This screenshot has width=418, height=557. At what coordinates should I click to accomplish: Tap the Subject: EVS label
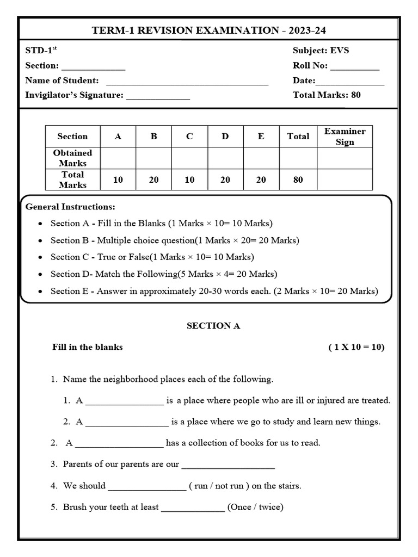(321, 51)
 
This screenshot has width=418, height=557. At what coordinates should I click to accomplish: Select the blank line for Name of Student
(187, 82)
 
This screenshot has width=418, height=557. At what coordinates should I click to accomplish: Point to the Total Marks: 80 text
(327, 95)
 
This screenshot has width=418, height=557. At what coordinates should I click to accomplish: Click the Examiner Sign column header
(345, 137)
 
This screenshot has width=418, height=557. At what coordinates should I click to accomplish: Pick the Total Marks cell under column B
(153, 180)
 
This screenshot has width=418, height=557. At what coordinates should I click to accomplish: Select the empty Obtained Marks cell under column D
(225, 158)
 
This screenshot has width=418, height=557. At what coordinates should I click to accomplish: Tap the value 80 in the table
(298, 180)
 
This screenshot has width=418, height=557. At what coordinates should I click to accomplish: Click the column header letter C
(189, 137)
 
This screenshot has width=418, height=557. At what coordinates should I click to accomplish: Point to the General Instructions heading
(70, 207)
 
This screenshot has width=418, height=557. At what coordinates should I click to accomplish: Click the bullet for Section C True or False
(41, 257)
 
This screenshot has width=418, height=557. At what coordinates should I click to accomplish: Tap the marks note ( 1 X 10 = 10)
(356, 347)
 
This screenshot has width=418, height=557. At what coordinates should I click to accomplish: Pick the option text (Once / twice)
(255, 507)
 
